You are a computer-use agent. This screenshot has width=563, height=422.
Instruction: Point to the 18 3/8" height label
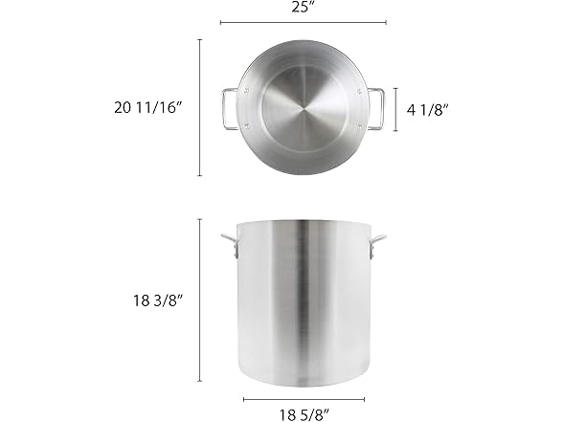[x=156, y=300]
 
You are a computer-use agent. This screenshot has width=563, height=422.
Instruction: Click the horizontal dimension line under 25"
[x=303, y=22]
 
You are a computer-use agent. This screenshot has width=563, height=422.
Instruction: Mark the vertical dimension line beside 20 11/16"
[x=200, y=108]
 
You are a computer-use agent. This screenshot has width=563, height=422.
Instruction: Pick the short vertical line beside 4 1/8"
[x=396, y=108]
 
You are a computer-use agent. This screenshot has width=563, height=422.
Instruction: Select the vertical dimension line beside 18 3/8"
[x=200, y=300]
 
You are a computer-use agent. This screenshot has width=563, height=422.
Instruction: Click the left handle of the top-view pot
[x=228, y=108]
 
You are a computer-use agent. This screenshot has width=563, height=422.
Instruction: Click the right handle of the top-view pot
[x=376, y=108]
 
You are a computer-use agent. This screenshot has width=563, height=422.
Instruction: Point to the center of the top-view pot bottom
[x=303, y=108]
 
